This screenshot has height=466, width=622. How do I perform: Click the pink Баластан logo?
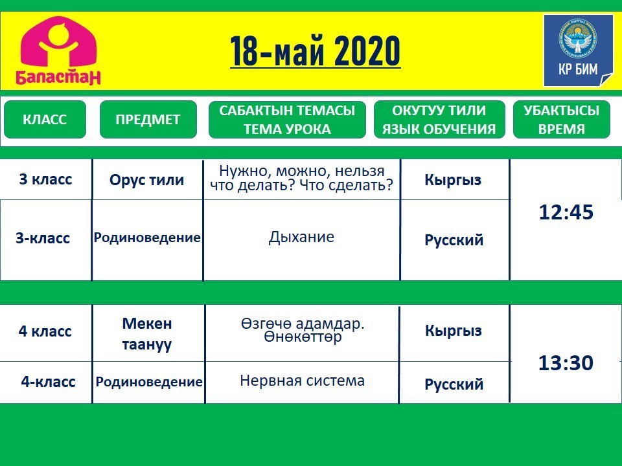[58, 50]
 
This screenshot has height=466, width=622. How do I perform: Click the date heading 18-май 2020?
[315, 51]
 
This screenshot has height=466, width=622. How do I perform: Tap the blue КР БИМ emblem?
[578, 50]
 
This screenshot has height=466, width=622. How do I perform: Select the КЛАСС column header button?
[45, 119]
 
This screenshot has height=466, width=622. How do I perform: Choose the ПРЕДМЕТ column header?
[148, 119]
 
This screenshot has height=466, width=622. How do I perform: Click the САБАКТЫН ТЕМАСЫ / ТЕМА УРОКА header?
[287, 119]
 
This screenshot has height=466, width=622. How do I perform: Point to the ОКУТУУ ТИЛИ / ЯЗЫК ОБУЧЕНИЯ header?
[439, 119]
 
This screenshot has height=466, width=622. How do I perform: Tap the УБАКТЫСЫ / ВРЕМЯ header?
[561, 119]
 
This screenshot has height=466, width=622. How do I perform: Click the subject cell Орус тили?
[147, 180]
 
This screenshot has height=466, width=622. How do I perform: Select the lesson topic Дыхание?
[301, 237]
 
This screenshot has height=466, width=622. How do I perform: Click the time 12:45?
[566, 212]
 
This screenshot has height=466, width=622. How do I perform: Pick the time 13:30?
[566, 362]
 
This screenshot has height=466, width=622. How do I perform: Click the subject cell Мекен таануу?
[147, 334]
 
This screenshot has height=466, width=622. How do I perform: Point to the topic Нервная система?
[303, 381]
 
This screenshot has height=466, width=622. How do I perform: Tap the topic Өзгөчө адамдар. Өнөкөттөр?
[303, 330]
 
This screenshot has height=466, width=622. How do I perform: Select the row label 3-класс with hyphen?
[43, 238]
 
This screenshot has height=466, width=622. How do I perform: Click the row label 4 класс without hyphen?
[45, 331]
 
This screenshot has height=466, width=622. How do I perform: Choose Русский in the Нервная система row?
[454, 384]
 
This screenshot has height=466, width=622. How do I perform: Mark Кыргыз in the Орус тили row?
[453, 180]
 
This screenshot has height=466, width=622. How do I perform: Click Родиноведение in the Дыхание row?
[147, 238]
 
